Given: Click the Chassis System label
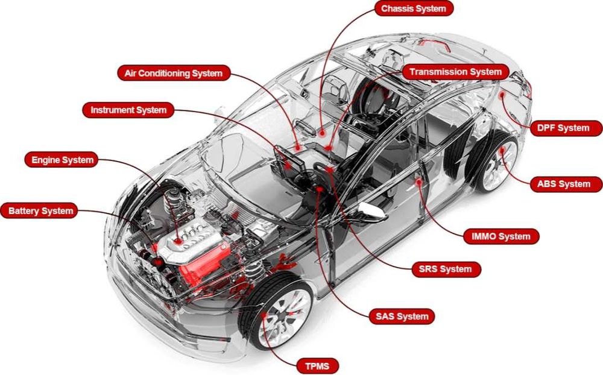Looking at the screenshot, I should pyautogui.click(x=414, y=9).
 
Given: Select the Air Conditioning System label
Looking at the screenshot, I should pyautogui.click(x=173, y=74).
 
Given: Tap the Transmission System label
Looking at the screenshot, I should pyautogui.click(x=455, y=72).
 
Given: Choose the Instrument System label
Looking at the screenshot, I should pyautogui.click(x=128, y=110).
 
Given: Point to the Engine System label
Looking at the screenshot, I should pyautogui.click(x=62, y=160).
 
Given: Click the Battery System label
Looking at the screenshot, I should pyautogui.click(x=40, y=211).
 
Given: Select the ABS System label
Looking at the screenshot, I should pyautogui.click(x=564, y=184).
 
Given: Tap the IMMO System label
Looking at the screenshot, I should pyautogui.click(x=500, y=236).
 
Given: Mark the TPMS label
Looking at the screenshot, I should pyautogui.click(x=317, y=365).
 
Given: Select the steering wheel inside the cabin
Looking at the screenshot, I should pyautogui.click(x=314, y=181).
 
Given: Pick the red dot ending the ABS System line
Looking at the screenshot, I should pyautogui.click(x=501, y=148).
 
